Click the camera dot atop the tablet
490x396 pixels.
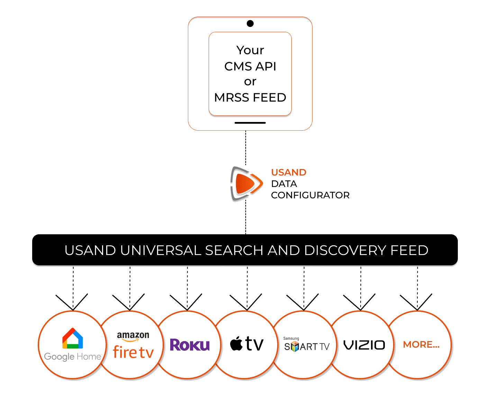250,23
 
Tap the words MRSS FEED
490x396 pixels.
250,98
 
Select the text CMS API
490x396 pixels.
250,66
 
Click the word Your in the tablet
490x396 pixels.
250,50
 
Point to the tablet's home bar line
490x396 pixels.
250,123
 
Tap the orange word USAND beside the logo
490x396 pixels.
289,172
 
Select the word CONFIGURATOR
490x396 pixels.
310,195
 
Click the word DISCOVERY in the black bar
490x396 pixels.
345,250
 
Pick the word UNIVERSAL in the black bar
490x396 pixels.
160,250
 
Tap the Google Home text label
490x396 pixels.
73,357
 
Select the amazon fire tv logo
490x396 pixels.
133,346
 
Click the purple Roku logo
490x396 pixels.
190,345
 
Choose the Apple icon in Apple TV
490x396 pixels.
236,344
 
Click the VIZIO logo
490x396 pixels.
364,345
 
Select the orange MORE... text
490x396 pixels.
421,345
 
